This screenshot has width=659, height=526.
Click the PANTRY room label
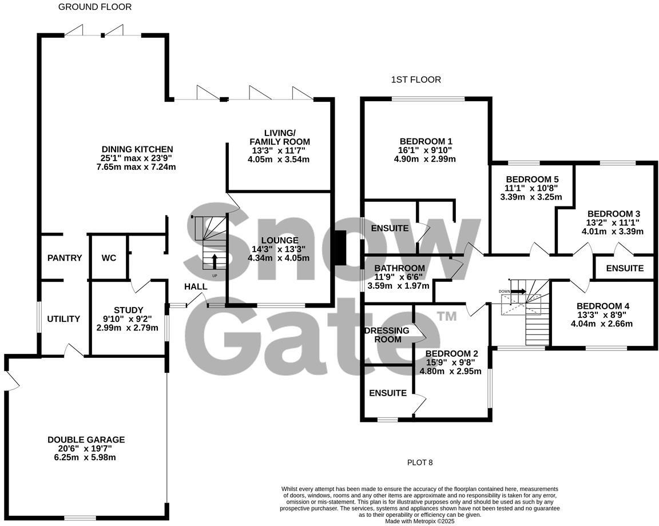(x=65, y=258)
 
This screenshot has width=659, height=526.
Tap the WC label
(x=109, y=258)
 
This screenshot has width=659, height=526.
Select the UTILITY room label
(x=63, y=319)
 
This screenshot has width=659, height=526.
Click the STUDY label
(x=128, y=310)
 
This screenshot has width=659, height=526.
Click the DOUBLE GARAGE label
(x=86, y=440)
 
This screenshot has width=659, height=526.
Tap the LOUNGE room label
(x=279, y=240)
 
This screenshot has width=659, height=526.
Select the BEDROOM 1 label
(x=426, y=141)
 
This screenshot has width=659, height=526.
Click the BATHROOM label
(x=399, y=268)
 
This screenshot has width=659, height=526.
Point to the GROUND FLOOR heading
(x=95, y=7)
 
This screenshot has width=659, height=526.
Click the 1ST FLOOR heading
(x=416, y=79)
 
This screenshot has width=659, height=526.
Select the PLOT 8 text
(x=420, y=463)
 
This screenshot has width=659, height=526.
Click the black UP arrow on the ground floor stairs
(x=215, y=261)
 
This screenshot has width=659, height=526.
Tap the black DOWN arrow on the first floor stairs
(x=518, y=291)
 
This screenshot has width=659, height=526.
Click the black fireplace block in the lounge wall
(x=339, y=248)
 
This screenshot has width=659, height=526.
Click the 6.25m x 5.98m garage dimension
(x=86, y=457)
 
